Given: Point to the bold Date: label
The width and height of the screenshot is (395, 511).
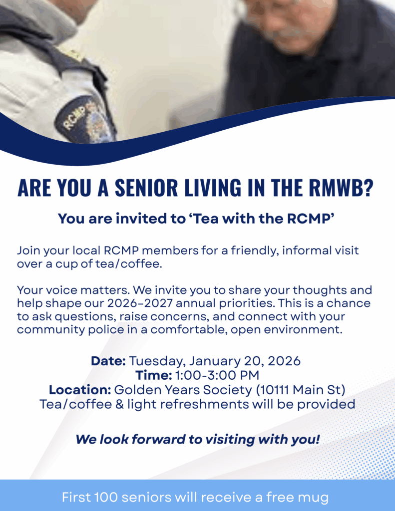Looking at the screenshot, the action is [108, 361].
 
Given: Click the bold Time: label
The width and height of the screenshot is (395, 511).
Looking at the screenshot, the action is [154, 375].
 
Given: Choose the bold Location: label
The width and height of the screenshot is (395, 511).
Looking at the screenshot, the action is [80, 390].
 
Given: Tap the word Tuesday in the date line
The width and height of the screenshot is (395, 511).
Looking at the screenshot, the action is [157, 362].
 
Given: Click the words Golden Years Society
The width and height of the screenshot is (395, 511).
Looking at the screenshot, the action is [183, 390].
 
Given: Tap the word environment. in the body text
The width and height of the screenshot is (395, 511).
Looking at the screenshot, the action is [303, 330].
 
